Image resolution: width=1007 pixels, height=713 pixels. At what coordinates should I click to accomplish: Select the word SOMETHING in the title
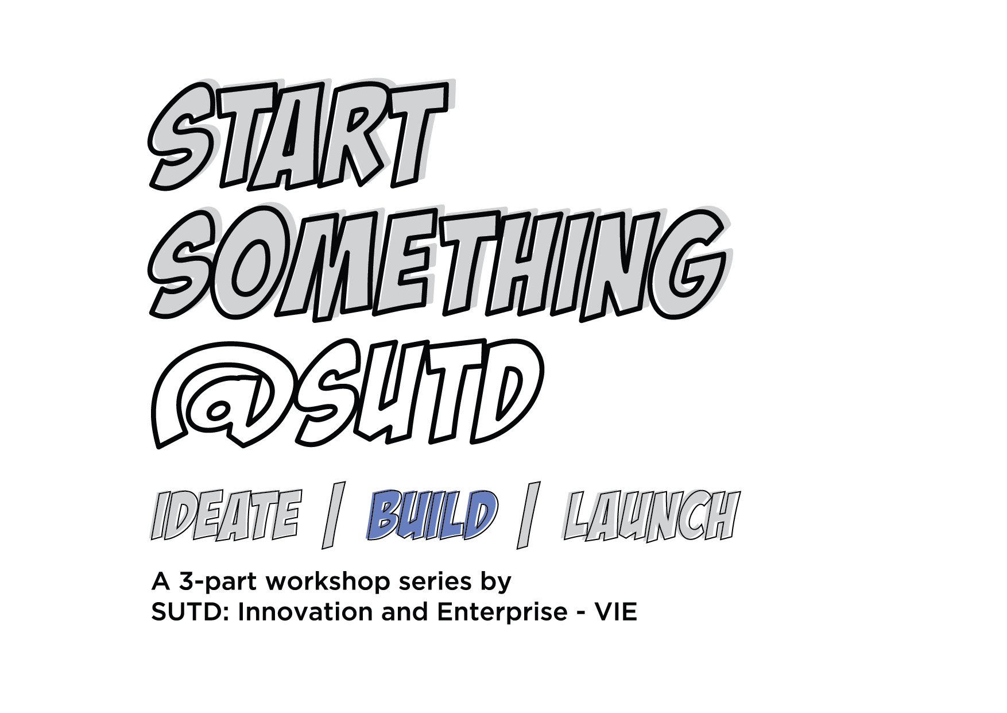pos(440,263)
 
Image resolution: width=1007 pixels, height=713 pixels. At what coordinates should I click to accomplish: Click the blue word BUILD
pos(431,515)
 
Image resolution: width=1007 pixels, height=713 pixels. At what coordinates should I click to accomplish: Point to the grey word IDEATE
pos(226,515)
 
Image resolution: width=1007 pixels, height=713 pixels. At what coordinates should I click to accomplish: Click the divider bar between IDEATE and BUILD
pos(333,515)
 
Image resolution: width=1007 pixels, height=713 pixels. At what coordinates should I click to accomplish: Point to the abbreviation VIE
pos(616,612)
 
